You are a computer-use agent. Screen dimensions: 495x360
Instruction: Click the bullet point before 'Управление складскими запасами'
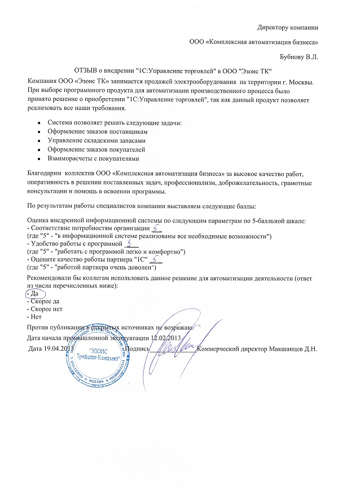pos(37,140)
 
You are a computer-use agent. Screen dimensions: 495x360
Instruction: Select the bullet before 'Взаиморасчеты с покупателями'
pos(37,159)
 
